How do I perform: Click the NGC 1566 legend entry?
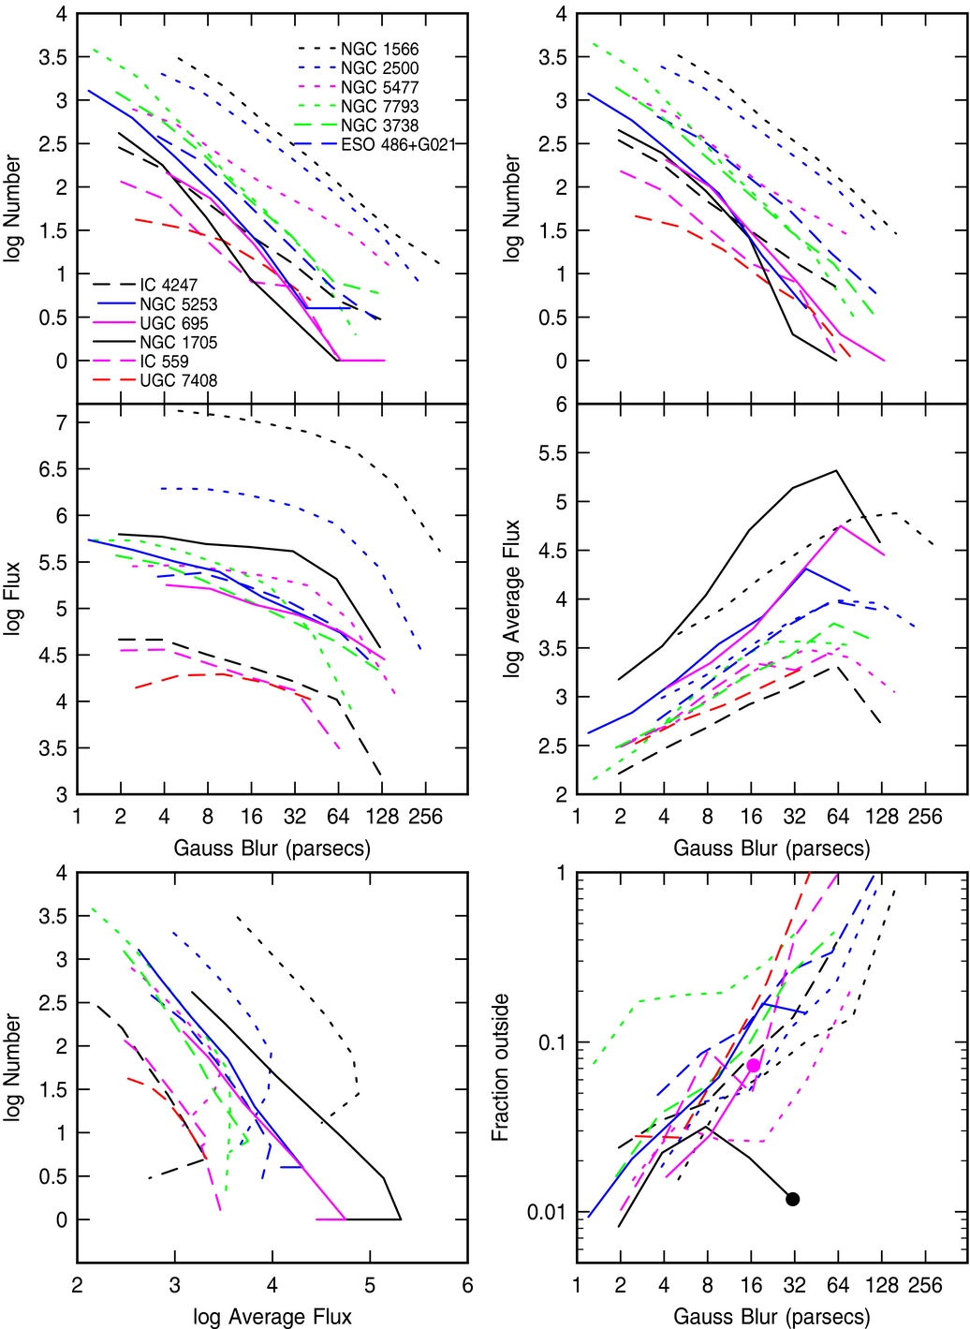click(379, 49)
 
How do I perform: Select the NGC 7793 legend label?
click(379, 106)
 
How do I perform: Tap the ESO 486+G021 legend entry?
click(398, 144)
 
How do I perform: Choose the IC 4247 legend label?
click(169, 285)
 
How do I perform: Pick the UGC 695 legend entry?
click(173, 323)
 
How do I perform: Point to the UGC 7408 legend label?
click(178, 380)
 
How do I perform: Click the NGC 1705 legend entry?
click(178, 342)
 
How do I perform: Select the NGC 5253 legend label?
click(178, 304)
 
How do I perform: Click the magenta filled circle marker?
click(754, 1066)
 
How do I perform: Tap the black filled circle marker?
click(793, 1199)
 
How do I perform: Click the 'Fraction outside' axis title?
click(501, 1067)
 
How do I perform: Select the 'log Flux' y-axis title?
click(12, 599)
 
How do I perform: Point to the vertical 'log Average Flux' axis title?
click(512, 598)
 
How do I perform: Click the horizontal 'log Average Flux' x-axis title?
click(272, 1317)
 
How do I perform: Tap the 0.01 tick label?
click(546, 1213)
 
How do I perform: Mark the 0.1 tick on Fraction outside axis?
click(552, 1042)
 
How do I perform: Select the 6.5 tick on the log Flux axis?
click(53, 469)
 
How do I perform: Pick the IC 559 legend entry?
click(164, 362)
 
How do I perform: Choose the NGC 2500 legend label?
click(379, 67)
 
